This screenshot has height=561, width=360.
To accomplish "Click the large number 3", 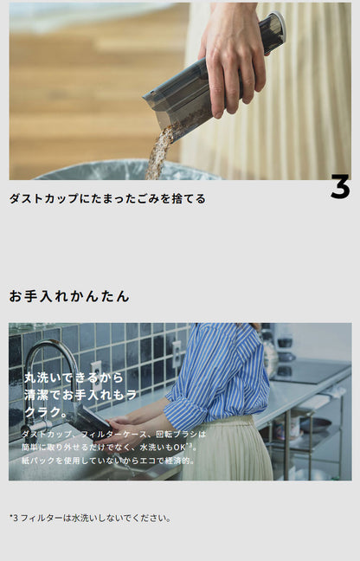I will pyautogui.click(x=339, y=187).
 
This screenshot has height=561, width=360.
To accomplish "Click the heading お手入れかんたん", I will pyautogui.click(x=69, y=296).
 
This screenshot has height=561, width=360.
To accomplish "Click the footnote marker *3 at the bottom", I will pyautogui.click(x=14, y=518).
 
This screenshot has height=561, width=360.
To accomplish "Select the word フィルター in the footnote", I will pyautogui.click(x=40, y=518).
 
